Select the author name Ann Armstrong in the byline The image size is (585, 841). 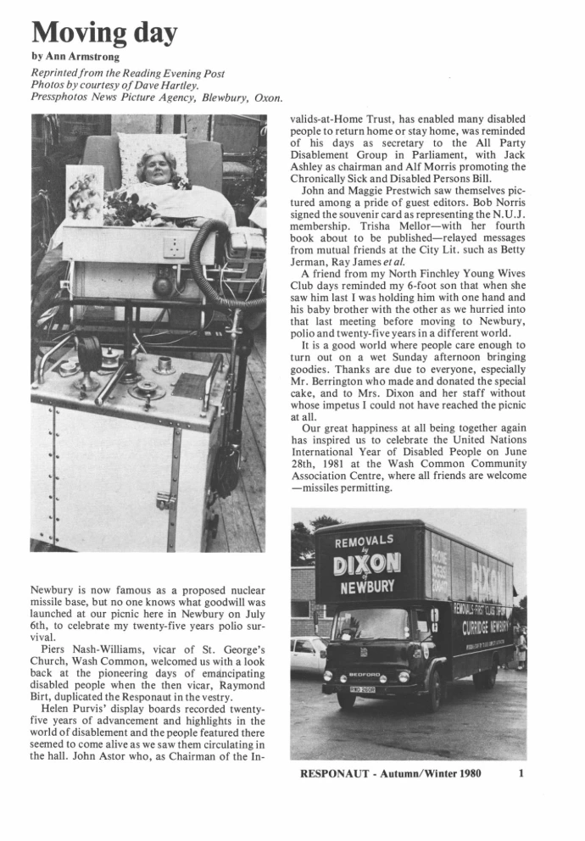click(70, 56)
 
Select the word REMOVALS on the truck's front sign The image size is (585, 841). click(365, 541)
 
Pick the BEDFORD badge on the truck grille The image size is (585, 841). click(365, 677)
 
